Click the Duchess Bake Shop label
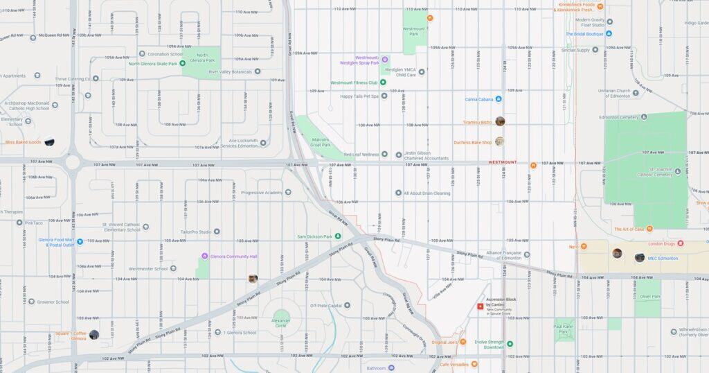(x=472, y=142)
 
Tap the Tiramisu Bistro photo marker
(x=500, y=121)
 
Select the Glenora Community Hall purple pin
(x=204, y=256)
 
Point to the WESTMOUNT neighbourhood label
(x=502, y=162)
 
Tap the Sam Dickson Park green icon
(x=338, y=236)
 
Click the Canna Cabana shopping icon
(x=498, y=99)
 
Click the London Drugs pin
(x=680, y=243)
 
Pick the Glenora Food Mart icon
(x=80, y=242)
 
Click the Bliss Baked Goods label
(x=23, y=142)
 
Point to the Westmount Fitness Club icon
(x=383, y=83)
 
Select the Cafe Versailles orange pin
(x=474, y=364)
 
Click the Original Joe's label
(x=445, y=342)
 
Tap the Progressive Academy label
(x=262, y=192)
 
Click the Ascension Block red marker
(x=480, y=306)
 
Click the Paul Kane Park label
(x=564, y=329)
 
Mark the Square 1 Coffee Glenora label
(x=71, y=336)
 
